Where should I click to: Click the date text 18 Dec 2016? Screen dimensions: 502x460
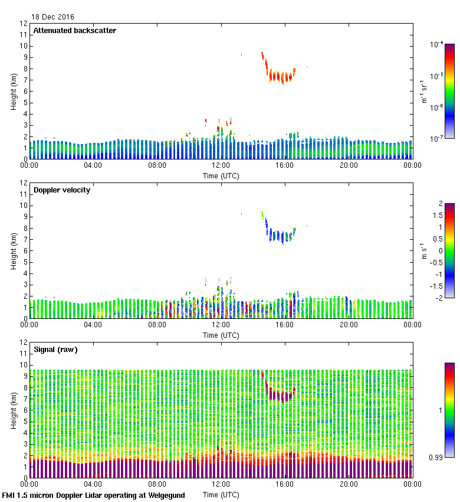[x=52, y=17]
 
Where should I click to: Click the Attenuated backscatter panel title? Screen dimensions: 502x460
[x=74, y=31]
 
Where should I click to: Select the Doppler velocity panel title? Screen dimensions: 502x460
[x=61, y=190]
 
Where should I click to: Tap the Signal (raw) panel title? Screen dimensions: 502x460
[x=55, y=350]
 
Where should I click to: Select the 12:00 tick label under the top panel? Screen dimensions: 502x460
[x=221, y=166]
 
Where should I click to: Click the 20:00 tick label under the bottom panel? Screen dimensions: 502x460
[x=349, y=485]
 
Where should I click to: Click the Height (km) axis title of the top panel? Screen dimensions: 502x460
[x=14, y=92]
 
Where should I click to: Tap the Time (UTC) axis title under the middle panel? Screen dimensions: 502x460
[x=221, y=335]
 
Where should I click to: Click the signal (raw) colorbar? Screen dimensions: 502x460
[x=449, y=410]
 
